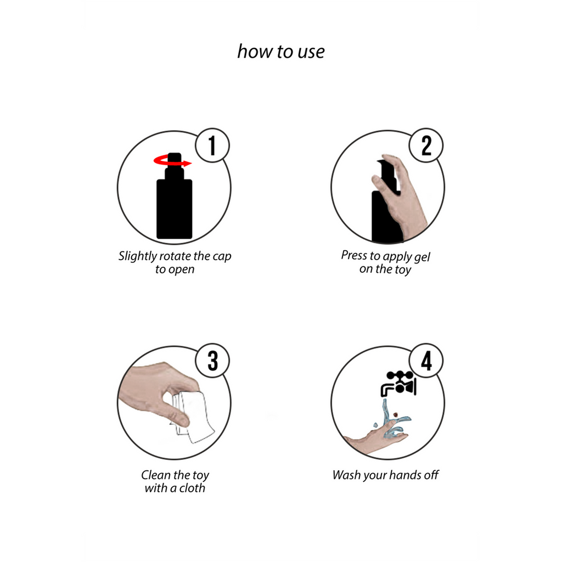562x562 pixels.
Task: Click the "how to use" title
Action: pos(281,51)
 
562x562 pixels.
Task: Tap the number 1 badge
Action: pos(212,145)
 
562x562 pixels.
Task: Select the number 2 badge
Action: pos(426,145)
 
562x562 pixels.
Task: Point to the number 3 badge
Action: pos(212,361)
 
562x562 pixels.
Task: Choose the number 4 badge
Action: pos(426,361)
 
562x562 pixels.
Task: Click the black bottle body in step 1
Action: pos(175,209)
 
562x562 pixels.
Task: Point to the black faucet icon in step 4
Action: pos(398,384)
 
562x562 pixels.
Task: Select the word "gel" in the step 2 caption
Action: pos(422,257)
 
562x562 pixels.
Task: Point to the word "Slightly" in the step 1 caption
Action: pos(138,257)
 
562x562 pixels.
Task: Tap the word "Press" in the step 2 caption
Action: pos(355,255)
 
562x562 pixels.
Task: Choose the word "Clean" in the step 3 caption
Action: pos(156,475)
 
